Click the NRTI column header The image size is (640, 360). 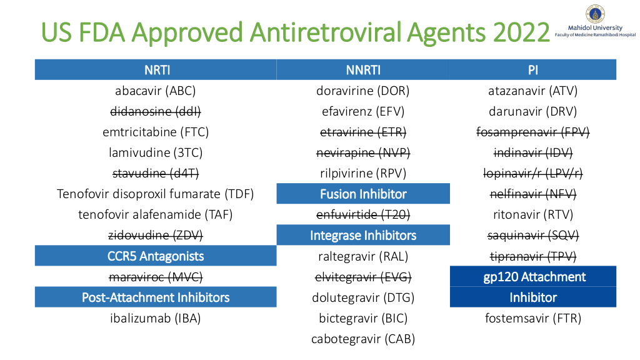tap(157, 70)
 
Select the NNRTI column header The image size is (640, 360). tap(363, 70)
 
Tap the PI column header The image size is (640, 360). tap(533, 70)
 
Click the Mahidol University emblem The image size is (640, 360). tap(595, 14)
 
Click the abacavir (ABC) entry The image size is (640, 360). tap(156, 91)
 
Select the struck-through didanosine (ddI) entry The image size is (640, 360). tap(156, 111)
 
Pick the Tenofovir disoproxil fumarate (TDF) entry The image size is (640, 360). tap(156, 194)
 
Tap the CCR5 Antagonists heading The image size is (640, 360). tap(156, 256)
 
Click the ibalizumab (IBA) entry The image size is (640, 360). tap(156, 318)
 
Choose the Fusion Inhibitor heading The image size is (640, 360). tap(363, 194)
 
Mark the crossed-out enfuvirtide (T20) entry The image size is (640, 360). tap(363, 215)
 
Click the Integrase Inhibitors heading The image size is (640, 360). tap(363, 236)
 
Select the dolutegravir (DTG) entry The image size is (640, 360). tap(363, 297)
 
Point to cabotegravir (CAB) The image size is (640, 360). tap(363, 339)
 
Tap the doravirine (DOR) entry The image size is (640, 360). tap(363, 91)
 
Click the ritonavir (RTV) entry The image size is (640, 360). tap(533, 215)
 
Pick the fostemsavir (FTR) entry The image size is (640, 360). tap(533, 318)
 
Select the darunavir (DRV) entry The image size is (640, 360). tap(533, 111)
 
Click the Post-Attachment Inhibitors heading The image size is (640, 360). tap(156, 297)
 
